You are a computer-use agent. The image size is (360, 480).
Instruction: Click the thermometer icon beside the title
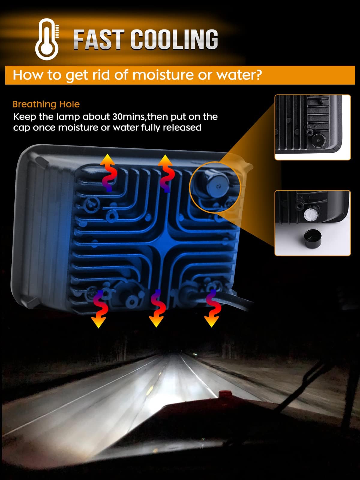(47, 39)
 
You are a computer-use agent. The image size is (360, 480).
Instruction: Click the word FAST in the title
(99, 40)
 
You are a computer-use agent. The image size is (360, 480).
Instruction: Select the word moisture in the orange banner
(163, 75)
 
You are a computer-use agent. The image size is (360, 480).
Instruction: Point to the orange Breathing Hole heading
(46, 104)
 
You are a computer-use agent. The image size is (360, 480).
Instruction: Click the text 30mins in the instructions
(129, 117)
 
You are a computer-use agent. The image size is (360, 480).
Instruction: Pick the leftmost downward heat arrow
(100, 309)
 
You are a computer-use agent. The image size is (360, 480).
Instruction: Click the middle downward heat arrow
(157, 308)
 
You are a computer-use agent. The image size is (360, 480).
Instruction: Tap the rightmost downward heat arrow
(212, 308)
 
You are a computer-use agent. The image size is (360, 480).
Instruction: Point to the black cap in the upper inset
(318, 140)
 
